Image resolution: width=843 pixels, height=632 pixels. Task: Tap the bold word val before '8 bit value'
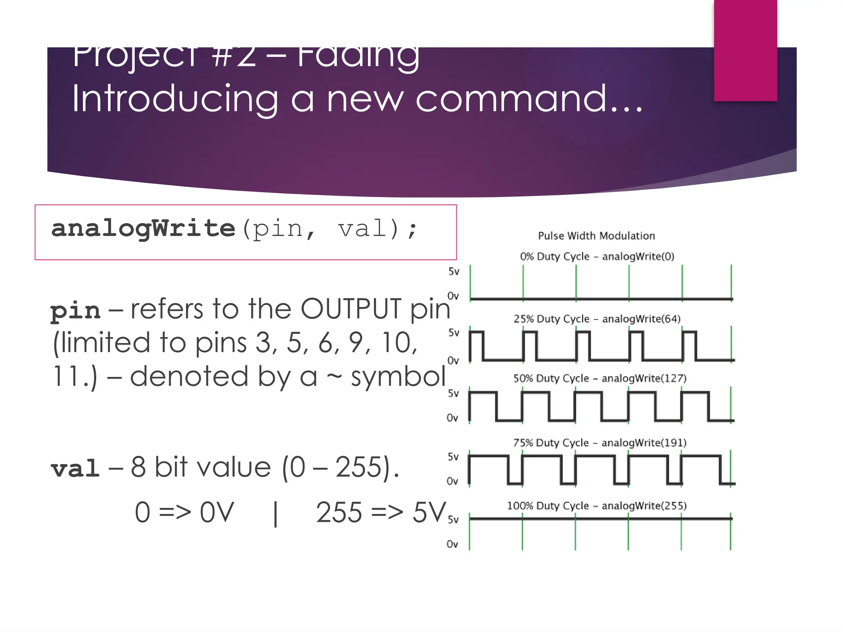[x=75, y=469]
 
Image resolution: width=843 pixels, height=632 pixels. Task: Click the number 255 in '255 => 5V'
[x=339, y=513]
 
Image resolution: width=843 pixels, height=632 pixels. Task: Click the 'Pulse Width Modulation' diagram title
[x=596, y=236]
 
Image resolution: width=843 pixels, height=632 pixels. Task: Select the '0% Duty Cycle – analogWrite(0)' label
[x=597, y=256]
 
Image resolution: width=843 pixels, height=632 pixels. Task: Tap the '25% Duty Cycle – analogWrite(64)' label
[x=597, y=319]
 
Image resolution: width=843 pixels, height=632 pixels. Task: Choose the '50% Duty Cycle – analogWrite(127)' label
[x=600, y=379]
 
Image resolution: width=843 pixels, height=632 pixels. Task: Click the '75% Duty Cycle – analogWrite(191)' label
[x=600, y=443]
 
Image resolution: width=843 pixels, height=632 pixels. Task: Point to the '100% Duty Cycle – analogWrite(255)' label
[x=597, y=506]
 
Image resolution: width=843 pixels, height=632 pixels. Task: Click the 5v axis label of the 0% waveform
[x=454, y=272]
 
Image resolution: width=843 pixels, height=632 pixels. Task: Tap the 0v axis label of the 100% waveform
[x=452, y=544]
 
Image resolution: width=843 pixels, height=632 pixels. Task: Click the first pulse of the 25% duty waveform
[x=476, y=346]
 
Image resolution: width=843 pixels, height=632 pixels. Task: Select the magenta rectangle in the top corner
[x=745, y=50]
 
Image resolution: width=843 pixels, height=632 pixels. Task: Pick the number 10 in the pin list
[x=398, y=343]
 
